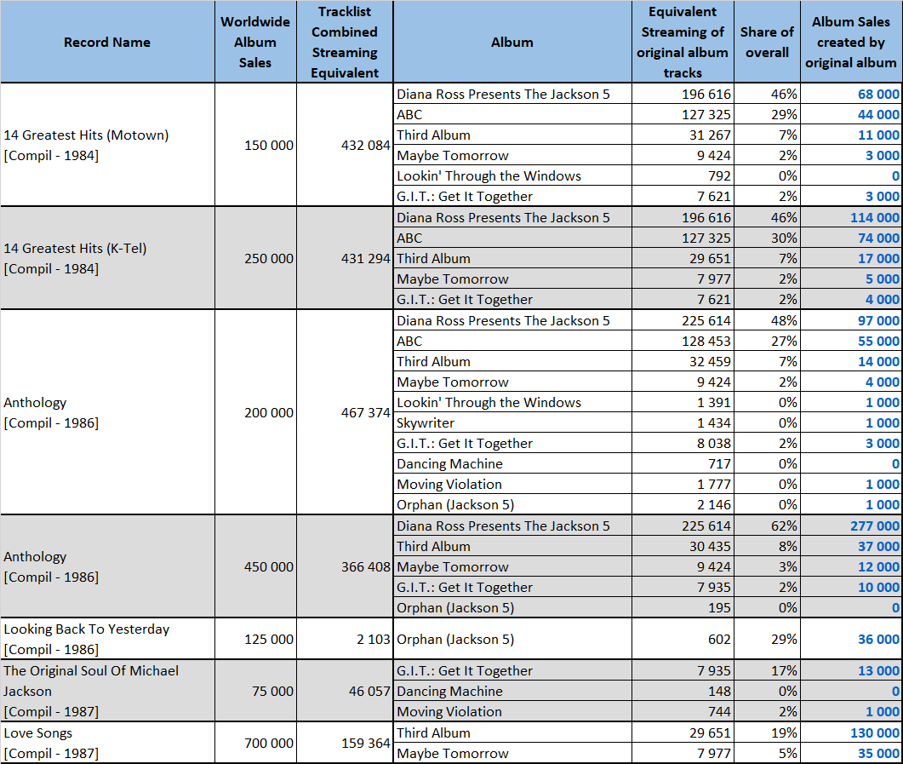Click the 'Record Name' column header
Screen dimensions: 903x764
107,42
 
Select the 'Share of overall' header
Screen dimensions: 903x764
767,42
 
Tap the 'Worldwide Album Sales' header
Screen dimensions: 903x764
255,42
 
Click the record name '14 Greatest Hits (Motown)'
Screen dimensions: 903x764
86,135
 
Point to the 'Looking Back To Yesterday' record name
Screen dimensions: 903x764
86,629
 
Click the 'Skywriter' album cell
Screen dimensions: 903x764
426,423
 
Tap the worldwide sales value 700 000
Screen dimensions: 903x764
268,744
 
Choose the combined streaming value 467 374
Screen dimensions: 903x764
366,412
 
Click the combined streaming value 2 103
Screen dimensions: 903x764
373,639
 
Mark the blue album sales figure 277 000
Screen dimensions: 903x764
875,526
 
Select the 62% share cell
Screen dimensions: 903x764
784,526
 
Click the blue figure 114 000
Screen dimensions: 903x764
875,218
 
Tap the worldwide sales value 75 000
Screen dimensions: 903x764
272,691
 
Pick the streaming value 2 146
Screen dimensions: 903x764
714,505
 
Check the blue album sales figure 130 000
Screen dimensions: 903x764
875,732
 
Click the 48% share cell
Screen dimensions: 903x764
784,320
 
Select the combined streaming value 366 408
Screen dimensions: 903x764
366,567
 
